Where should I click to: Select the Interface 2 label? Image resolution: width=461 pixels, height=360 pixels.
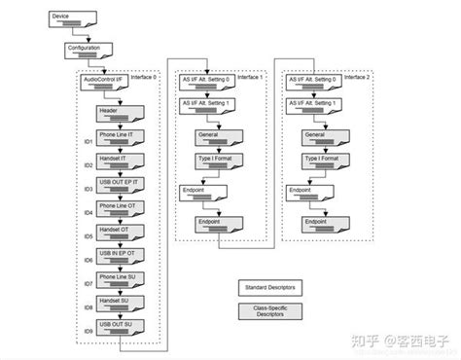(359, 75)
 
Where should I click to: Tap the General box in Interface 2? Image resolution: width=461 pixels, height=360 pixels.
(313, 137)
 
